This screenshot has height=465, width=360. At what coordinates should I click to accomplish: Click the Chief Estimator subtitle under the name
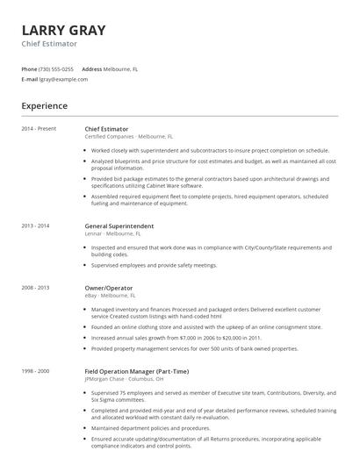pyautogui.click(x=49, y=44)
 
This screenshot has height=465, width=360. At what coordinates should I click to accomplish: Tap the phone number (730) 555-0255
pyautogui.click(x=56, y=68)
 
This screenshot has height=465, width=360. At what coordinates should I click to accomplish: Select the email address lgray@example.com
pyautogui.click(x=63, y=79)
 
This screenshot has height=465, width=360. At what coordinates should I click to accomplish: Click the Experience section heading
pyautogui.click(x=45, y=106)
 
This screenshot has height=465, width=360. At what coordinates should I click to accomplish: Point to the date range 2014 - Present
pyautogui.click(x=39, y=129)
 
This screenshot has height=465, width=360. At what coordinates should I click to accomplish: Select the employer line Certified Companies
pyautogui.click(x=109, y=137)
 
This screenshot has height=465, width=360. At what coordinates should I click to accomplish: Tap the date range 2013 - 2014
pyautogui.click(x=36, y=225)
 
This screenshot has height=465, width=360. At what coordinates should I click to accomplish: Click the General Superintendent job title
pyautogui.click(x=119, y=225)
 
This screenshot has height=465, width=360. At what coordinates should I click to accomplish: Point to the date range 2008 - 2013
pyautogui.click(x=36, y=287)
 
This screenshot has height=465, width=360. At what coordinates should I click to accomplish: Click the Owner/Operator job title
pyautogui.click(x=109, y=287)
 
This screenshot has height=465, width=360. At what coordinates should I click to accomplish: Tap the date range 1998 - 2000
pyautogui.click(x=36, y=371)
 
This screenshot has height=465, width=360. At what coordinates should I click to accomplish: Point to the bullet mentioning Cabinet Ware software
pyautogui.click(x=211, y=182)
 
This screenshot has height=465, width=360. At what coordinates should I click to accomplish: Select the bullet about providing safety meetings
pyautogui.click(x=154, y=264)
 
